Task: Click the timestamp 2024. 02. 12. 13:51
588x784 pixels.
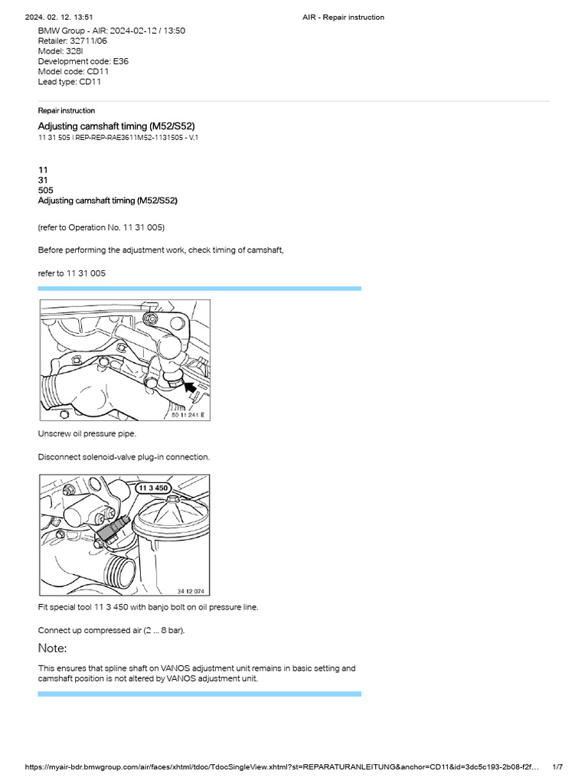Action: [x=60, y=17]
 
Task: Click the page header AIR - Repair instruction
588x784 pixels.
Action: [x=344, y=17]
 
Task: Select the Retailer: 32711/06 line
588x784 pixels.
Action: [x=73, y=41]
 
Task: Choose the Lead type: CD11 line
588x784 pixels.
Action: [x=70, y=81]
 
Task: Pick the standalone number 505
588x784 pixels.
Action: [x=47, y=190]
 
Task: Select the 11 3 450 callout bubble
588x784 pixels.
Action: [x=152, y=487]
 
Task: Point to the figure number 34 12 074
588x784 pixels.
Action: [x=191, y=591]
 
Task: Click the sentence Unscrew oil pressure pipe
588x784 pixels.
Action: [x=87, y=433]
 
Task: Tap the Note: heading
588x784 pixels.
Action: [x=53, y=648]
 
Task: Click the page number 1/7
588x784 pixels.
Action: [x=557, y=767]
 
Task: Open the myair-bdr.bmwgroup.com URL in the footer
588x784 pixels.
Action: [x=283, y=767]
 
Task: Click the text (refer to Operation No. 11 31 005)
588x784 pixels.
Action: [x=101, y=227]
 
